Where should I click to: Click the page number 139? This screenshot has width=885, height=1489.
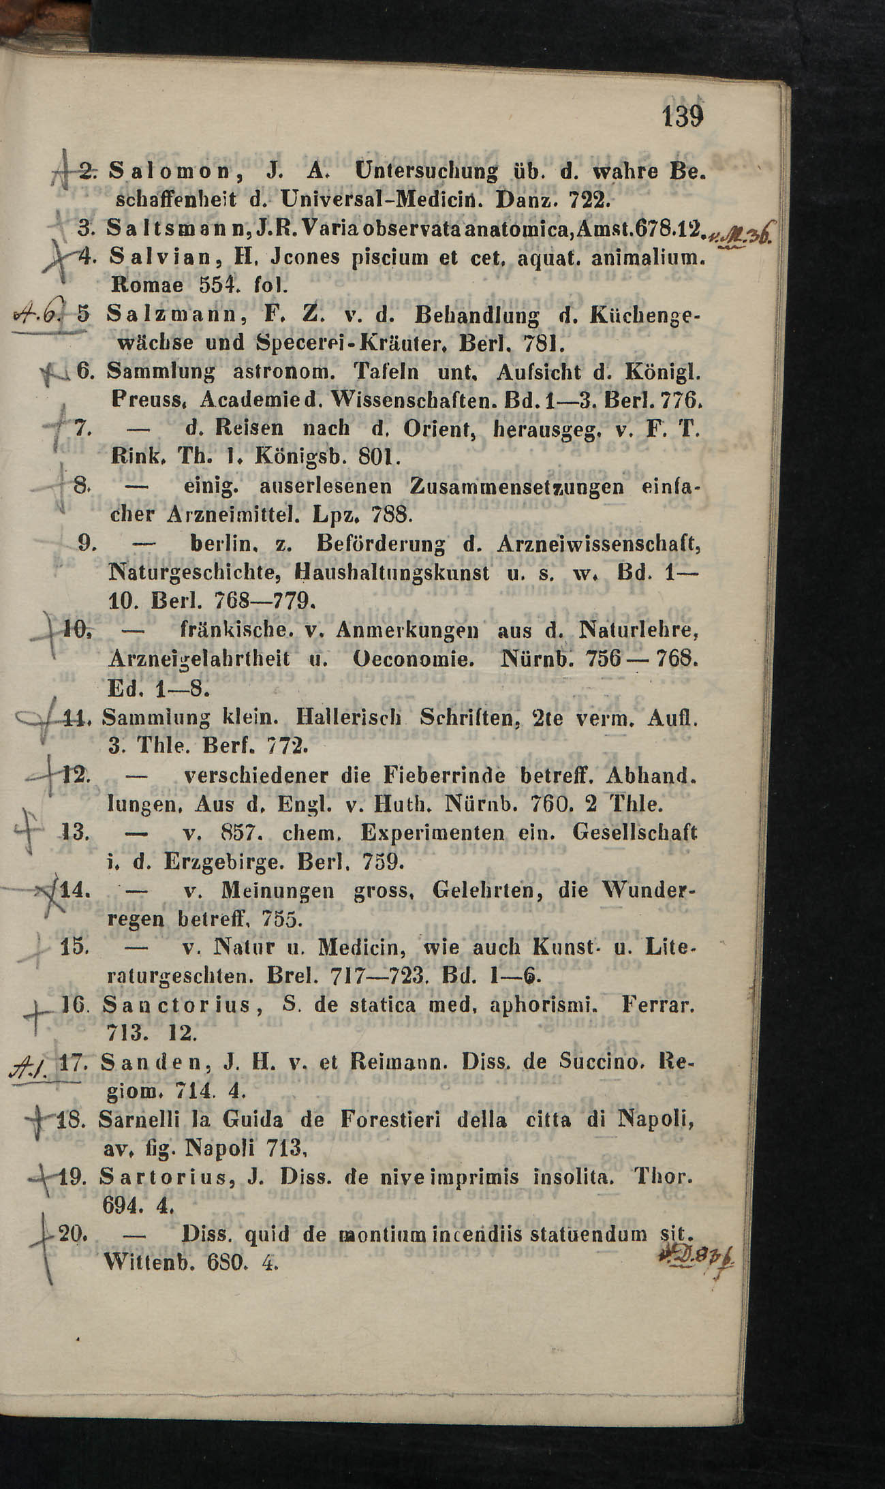pyautogui.click(x=681, y=117)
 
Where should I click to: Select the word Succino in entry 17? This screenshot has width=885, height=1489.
pyautogui.click(x=599, y=1062)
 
